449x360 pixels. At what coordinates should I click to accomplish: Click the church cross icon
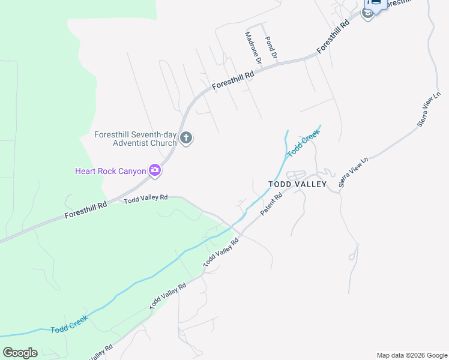186,139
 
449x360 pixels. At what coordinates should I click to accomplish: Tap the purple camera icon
155,171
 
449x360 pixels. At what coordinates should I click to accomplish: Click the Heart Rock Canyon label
110,171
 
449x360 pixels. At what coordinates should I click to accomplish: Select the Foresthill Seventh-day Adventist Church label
136,139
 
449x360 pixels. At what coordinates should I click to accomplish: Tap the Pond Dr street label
271,47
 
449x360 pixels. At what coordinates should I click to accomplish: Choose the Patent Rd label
271,205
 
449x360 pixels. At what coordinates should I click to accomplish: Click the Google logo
20,352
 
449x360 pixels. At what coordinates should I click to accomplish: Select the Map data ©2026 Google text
411,355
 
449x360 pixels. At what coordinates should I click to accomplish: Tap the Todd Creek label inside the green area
69,323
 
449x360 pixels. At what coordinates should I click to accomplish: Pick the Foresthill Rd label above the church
234,81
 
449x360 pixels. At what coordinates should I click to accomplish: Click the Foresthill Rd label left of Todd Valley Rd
85,209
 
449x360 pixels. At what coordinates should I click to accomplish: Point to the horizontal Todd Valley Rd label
146,199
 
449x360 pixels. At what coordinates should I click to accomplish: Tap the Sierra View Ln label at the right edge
429,109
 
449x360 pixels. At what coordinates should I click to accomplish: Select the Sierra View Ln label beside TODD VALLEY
353,173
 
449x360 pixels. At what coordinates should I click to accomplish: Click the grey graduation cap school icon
367,13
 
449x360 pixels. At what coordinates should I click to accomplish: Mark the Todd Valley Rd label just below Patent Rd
221,252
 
